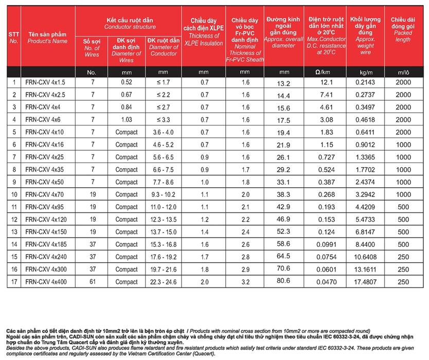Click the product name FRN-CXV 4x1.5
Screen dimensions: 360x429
[x=45, y=82]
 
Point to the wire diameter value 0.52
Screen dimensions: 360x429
[x=127, y=82]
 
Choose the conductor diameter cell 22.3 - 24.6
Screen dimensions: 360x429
[x=164, y=282]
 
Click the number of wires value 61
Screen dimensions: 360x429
[x=92, y=282]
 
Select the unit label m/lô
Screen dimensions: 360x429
[x=403, y=72]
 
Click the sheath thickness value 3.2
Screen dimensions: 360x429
[x=245, y=282]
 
